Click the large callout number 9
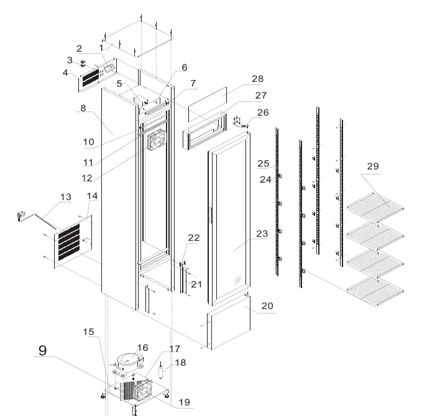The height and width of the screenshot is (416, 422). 42,350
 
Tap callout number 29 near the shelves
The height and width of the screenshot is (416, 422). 373,166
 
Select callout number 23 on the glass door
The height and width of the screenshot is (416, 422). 262,234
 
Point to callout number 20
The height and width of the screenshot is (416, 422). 267,306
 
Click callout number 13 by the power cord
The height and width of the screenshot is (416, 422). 65,197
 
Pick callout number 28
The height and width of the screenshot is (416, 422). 257,79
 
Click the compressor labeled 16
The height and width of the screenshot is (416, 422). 129,359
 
